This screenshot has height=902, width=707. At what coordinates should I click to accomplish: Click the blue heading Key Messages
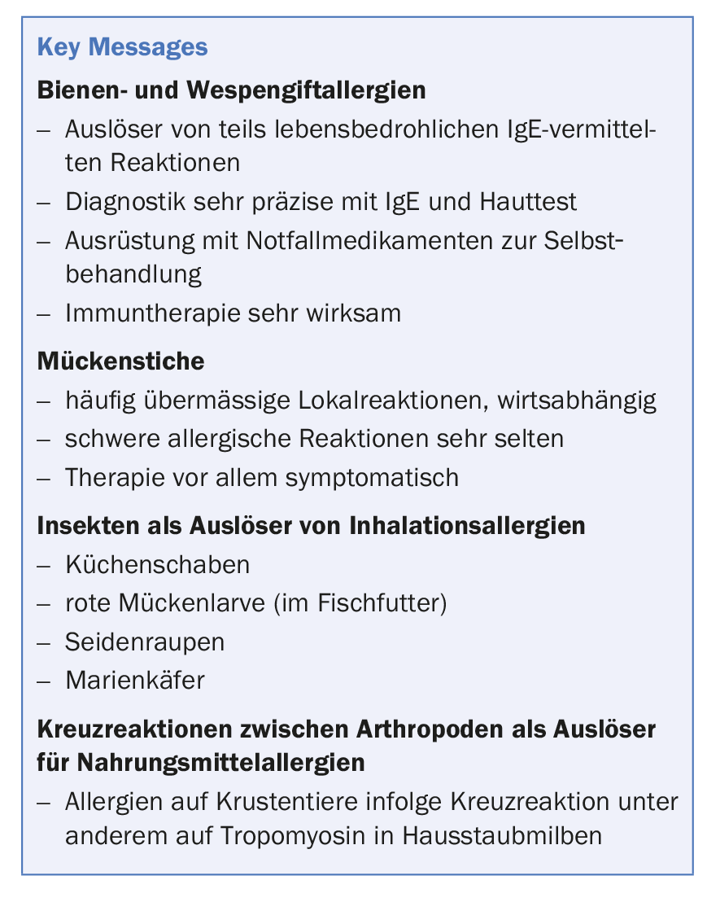123,47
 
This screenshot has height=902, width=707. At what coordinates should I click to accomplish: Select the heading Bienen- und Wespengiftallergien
232,90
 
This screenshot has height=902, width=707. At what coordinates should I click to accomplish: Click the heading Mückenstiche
121,361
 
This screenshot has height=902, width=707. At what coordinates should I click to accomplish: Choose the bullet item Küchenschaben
158,564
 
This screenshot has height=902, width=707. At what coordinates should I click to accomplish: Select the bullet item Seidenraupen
145,641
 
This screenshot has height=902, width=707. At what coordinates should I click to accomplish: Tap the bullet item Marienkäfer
135,680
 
